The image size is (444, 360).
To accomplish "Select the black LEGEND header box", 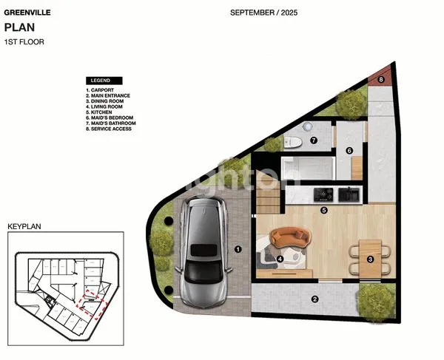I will [x=104, y=80].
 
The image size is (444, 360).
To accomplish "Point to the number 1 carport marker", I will [x=238, y=250].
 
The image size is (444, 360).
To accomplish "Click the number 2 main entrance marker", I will [x=315, y=299].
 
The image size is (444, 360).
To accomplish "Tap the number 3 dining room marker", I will [x=370, y=259].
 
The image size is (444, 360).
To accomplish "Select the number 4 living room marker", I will [x=280, y=259].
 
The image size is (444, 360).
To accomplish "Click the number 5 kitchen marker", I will [x=323, y=210].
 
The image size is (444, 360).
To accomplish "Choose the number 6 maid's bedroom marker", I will [x=349, y=151].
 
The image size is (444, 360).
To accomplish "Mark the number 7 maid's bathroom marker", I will [x=313, y=140].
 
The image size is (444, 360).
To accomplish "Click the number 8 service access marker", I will [x=381, y=78].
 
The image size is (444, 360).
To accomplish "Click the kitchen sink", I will [x=348, y=194].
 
